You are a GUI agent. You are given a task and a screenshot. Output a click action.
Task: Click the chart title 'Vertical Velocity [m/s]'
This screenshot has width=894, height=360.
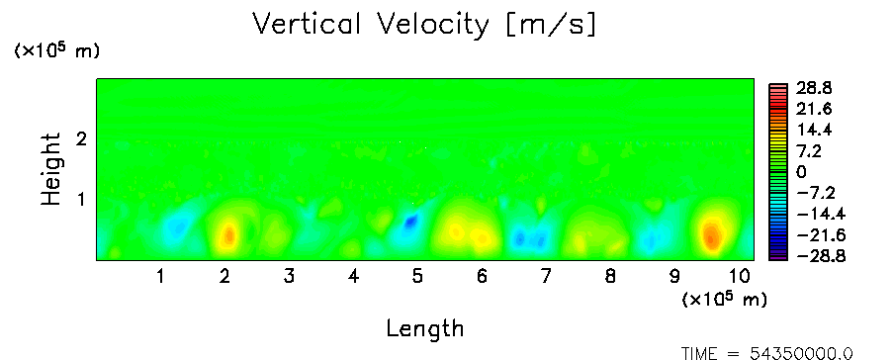pyautogui.click(x=424, y=25)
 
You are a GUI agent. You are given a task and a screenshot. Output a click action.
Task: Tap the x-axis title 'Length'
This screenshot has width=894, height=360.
pyautogui.click(x=425, y=328)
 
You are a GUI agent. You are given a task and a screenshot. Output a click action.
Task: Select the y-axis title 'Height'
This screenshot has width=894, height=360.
pyautogui.click(x=51, y=169)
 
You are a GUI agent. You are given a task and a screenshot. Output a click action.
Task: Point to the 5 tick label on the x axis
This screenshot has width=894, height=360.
pyautogui.click(x=418, y=277)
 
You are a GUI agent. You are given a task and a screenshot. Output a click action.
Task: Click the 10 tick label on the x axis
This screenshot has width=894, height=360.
pyautogui.click(x=739, y=277)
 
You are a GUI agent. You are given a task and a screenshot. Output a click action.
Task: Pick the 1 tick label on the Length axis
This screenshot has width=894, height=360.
pyautogui.click(x=161, y=277)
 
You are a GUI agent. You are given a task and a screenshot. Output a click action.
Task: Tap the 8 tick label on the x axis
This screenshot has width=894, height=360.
pyautogui.click(x=610, y=277)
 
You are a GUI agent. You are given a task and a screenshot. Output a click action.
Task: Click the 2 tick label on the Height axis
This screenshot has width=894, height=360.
pyautogui.click(x=81, y=138)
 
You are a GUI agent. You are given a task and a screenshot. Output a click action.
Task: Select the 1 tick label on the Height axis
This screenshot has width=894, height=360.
pyautogui.click(x=81, y=200)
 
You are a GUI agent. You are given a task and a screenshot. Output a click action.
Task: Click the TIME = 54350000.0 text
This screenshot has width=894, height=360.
pyautogui.click(x=766, y=354)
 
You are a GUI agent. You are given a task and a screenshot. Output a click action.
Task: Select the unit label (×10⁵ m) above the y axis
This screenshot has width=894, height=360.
pyautogui.click(x=56, y=50)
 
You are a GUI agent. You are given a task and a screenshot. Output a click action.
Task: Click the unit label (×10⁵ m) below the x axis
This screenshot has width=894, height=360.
pyautogui.click(x=724, y=299)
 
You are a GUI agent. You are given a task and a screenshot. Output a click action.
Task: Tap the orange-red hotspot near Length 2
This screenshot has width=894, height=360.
pyautogui.click(x=228, y=234)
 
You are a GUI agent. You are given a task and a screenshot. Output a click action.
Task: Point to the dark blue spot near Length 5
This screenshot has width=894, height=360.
pyautogui.click(x=410, y=222)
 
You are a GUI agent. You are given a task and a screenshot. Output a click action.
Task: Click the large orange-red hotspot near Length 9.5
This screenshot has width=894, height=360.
pyautogui.click(x=711, y=236)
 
